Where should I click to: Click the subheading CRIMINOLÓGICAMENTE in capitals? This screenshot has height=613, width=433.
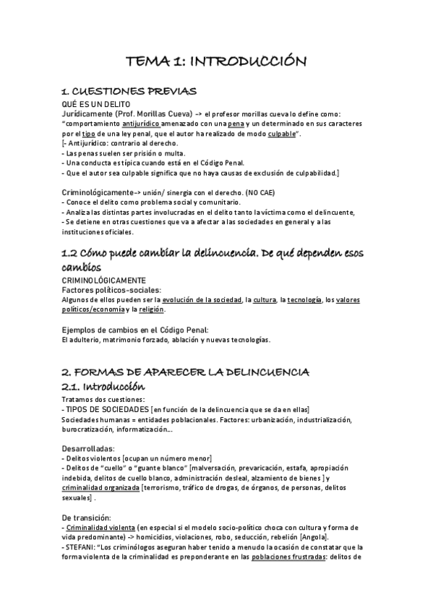(103, 280)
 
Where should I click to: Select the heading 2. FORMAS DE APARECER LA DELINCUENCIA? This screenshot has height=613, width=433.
(185, 372)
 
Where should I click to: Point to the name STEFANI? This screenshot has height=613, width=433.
(82, 547)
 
